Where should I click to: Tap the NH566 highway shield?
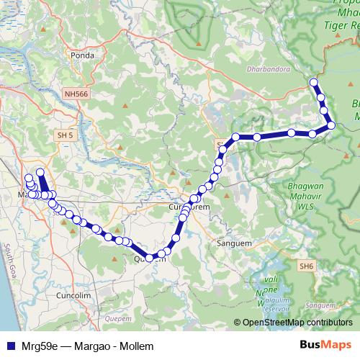click(76, 94)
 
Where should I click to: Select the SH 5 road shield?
click(66, 134)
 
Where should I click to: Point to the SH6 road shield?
click(307, 266)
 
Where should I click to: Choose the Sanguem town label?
click(233, 244)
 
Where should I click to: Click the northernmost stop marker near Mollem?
click(314, 83)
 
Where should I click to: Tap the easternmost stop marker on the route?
click(331, 125)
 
